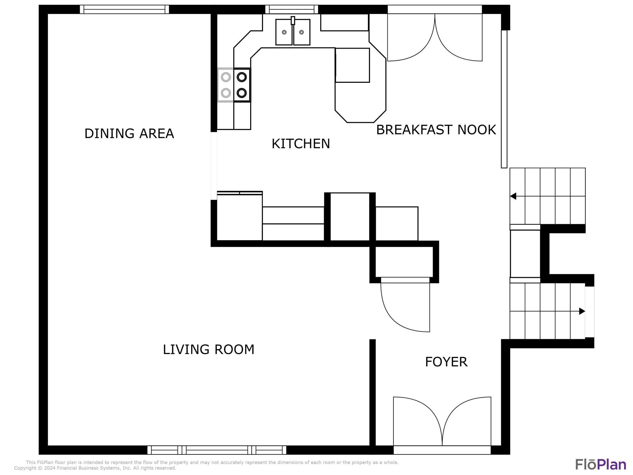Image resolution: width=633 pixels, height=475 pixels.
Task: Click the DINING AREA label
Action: pyautogui.click(x=129, y=134)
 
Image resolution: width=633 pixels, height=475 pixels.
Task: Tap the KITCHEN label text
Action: pyautogui.click(x=301, y=144)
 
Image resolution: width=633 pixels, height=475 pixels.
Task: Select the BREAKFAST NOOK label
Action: pyautogui.click(x=436, y=130)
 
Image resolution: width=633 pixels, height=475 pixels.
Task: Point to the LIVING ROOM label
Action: pyautogui.click(x=209, y=350)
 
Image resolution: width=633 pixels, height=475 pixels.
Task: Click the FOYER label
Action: pyautogui.click(x=446, y=362)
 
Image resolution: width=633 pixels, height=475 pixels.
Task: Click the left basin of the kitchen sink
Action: pyautogui.click(x=284, y=32)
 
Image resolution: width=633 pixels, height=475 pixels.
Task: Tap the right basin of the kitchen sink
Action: pyautogui.click(x=302, y=32)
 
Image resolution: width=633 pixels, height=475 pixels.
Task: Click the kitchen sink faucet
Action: pyautogui.click(x=293, y=20)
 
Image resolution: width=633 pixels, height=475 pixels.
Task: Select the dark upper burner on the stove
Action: pyautogui.click(x=242, y=77)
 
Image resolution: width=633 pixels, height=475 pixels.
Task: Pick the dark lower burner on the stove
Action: pyautogui.click(x=242, y=93)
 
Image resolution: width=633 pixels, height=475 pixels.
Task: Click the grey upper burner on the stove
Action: pyautogui.click(x=226, y=77)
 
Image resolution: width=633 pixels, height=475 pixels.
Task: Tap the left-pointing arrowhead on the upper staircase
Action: pyautogui.click(x=513, y=196)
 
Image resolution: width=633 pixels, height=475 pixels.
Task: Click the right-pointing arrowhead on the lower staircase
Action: pyautogui.click(x=582, y=311)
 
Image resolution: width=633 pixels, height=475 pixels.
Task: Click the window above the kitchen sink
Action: pyautogui.click(x=292, y=9)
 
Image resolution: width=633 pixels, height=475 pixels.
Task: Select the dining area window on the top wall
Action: pyautogui.click(x=124, y=9)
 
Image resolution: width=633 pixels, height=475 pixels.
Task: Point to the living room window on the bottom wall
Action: pyautogui.click(x=217, y=450)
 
